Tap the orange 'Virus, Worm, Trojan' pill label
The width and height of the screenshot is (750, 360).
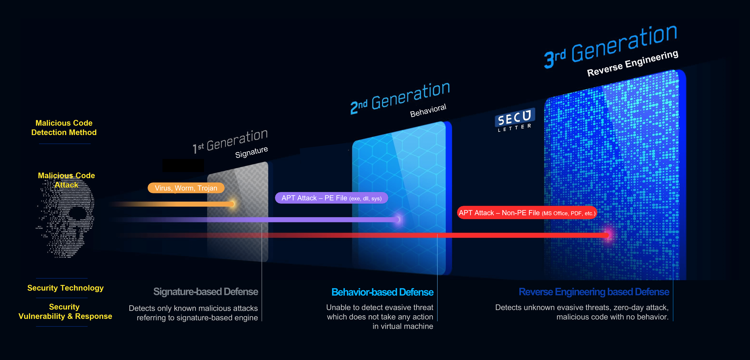point(186,188)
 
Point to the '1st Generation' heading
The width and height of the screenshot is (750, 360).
point(230,141)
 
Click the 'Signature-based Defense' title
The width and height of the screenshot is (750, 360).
point(206,292)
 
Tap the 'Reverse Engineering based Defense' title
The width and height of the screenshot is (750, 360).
point(594,292)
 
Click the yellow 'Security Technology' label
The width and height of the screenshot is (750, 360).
point(65,288)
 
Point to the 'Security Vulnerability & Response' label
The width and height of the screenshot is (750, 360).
point(65,311)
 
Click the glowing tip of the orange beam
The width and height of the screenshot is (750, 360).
point(232,204)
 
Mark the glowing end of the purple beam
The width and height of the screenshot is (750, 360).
point(397,219)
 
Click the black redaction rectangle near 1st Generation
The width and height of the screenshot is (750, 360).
point(183,165)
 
